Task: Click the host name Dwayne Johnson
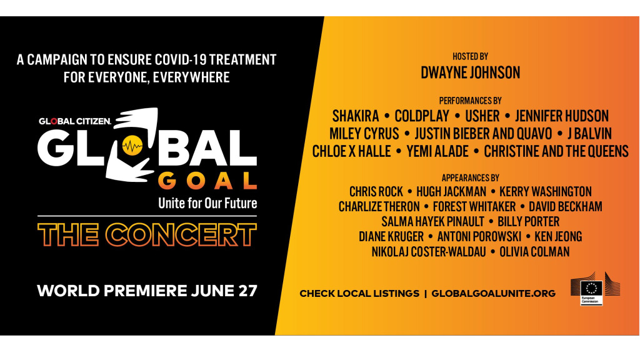[x=470, y=72]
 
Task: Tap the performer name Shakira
[x=356, y=116]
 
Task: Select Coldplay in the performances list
[x=422, y=116]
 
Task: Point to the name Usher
[x=482, y=116]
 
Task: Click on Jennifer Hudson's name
[x=562, y=116]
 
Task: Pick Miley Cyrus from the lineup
[x=364, y=134]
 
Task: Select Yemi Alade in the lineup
[x=437, y=151]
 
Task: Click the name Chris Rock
[x=376, y=191]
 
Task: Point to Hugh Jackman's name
[x=451, y=191]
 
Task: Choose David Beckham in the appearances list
[x=565, y=206]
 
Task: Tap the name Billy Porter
[x=529, y=222]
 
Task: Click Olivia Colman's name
[x=534, y=252]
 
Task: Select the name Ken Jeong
[x=558, y=237]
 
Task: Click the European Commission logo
[x=595, y=289]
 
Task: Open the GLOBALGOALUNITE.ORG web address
[x=494, y=294]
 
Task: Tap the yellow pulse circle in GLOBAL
[x=132, y=145]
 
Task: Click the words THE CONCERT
[x=147, y=235]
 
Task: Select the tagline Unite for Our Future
[x=207, y=203]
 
